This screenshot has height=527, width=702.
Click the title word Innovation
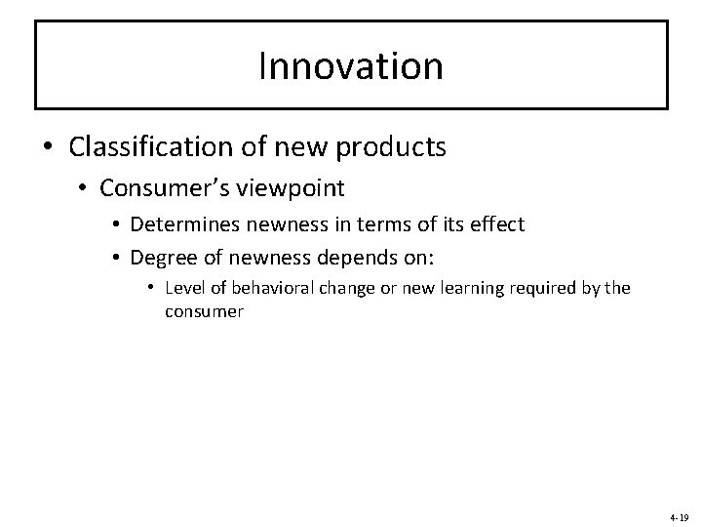pos(351,66)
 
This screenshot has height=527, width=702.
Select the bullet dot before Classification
pos(48,148)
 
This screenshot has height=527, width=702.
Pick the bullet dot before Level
pos(151,289)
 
